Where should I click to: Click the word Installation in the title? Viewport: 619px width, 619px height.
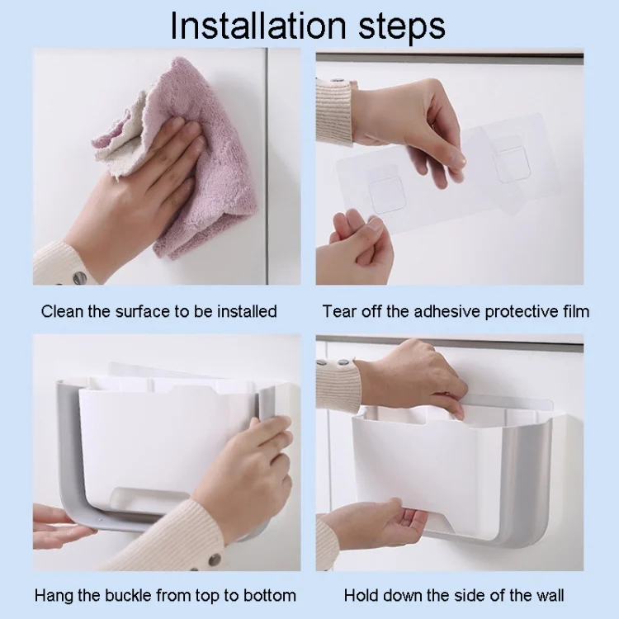pos(258,26)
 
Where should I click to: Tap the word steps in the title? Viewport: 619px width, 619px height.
pos(402,28)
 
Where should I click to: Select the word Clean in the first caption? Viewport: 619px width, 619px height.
pos(63,311)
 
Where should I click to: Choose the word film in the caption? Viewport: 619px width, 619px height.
pos(576,311)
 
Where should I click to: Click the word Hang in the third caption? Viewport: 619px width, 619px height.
pos(54,595)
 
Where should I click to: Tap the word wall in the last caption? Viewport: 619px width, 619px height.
pos(550,595)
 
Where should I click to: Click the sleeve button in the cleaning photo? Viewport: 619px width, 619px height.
pos(79,277)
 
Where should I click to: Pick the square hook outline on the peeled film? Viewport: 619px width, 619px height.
pos(510,163)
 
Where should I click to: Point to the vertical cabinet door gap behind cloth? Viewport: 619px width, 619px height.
pos(267,166)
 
